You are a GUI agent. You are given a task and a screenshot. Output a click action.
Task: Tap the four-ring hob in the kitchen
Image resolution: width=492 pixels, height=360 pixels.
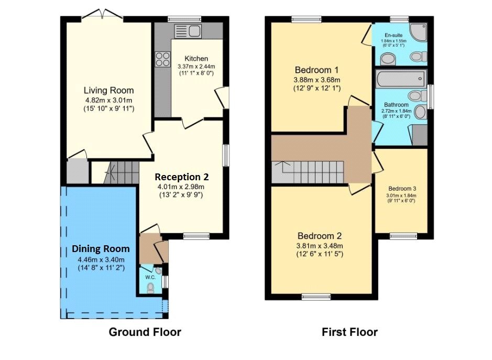click(162, 59)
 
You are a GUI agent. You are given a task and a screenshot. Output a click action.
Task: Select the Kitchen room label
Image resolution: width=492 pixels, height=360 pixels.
click(196, 58)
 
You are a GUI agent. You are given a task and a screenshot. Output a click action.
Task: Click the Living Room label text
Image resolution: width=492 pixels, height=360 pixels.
click(110, 90)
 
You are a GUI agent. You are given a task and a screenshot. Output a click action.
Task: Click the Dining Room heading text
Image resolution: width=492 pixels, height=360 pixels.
click(101, 248)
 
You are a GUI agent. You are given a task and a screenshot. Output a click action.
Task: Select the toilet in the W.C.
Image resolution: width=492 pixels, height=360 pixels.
click(151, 287)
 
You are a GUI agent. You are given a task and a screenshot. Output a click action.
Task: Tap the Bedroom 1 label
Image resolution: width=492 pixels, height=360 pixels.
click(316, 70)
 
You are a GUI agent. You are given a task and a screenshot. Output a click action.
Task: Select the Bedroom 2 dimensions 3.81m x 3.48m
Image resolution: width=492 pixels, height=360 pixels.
click(320, 246)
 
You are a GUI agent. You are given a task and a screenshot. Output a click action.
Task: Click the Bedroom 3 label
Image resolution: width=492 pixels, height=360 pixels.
click(402, 189)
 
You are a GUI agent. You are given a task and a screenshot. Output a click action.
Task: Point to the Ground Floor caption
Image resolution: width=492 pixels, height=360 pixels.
click(145, 332)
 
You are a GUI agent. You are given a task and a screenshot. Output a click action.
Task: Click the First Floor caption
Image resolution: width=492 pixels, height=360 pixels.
click(349, 332)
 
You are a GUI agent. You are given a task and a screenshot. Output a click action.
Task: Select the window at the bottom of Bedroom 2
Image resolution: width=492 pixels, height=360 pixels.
click(316, 297)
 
